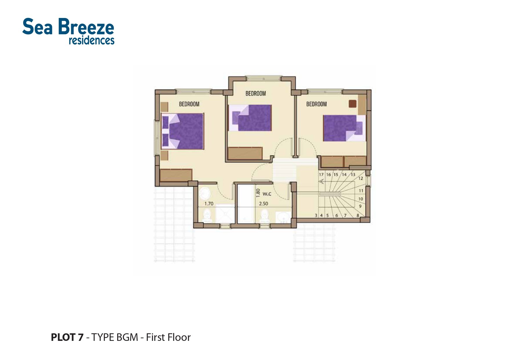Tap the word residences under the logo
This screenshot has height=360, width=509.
click(x=91, y=40)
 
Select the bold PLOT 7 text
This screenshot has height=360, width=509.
click(x=67, y=337)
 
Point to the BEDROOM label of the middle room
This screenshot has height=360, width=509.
click(x=256, y=93)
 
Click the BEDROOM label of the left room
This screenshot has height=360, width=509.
click(x=189, y=104)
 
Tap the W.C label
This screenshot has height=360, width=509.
click(x=267, y=194)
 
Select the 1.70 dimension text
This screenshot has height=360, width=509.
click(x=209, y=204)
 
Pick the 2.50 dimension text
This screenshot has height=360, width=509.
click(x=263, y=204)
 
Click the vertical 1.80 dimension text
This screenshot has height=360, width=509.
click(x=258, y=193)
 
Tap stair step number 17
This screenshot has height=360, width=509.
click(x=321, y=175)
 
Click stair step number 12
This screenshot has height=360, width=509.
click(x=361, y=178)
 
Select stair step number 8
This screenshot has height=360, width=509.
click(x=358, y=216)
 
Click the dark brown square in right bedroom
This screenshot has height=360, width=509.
click(x=352, y=104)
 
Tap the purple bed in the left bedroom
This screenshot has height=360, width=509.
click(x=183, y=131)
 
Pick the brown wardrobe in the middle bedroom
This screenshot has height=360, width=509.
click(x=245, y=153)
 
